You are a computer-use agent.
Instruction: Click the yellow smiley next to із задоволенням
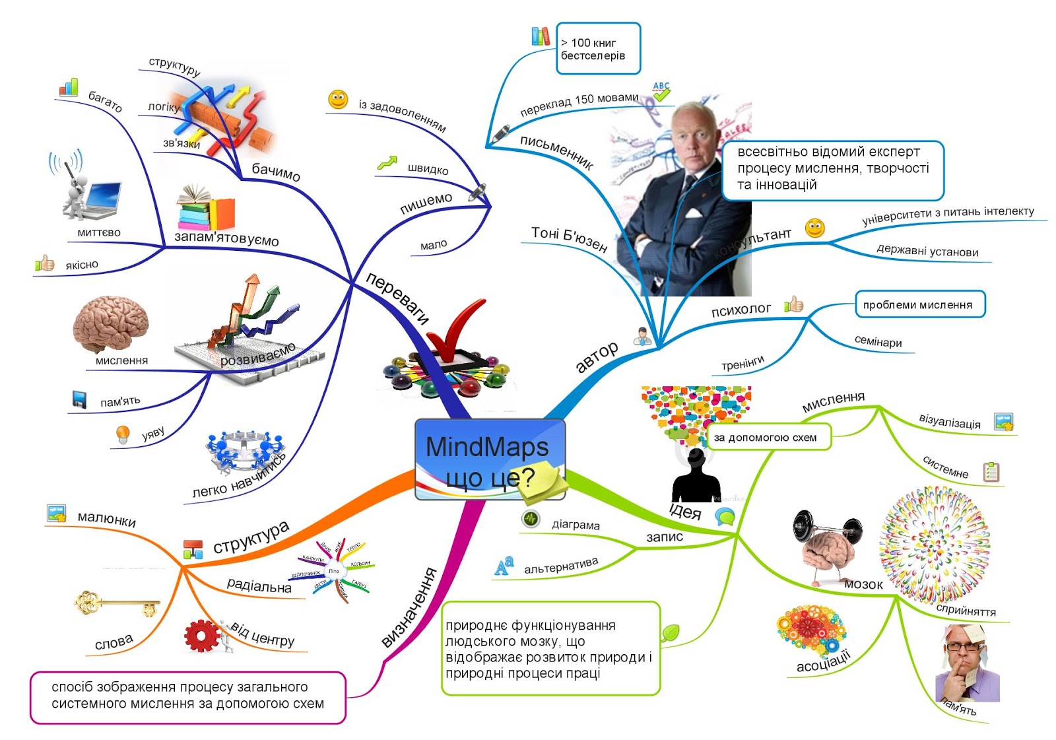338,100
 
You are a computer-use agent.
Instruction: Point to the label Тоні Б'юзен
569,238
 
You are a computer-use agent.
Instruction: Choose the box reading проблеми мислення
919,304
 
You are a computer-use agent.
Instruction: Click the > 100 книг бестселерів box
598,49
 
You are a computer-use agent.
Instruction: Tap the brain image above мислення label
110,324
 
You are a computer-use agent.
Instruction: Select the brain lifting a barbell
827,545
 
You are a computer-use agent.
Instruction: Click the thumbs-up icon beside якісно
45,264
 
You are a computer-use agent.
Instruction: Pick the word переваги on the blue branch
397,299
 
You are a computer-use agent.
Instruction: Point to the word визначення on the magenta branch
410,608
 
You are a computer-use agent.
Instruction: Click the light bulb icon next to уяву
123,434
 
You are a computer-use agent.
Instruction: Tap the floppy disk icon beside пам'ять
79,400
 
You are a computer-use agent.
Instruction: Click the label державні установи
927,252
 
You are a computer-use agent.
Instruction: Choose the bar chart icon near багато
69,88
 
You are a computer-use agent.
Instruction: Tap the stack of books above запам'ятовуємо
205,208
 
